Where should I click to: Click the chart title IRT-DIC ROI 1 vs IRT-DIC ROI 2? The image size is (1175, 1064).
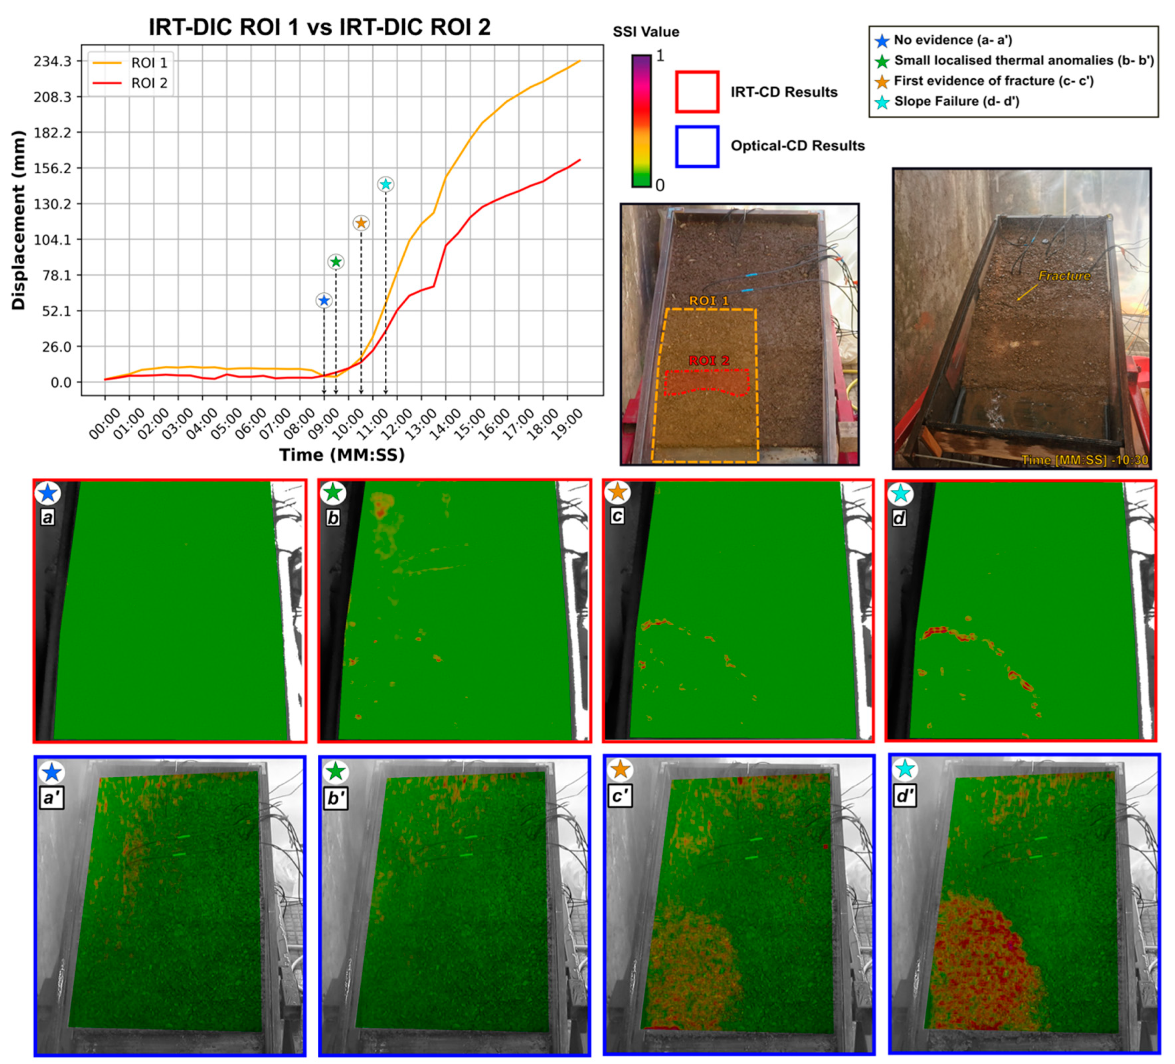click(319, 27)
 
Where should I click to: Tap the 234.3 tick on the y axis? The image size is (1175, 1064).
click(52, 61)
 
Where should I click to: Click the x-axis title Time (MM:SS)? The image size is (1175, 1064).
click(341, 455)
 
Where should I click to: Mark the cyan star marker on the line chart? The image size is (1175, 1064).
click(385, 184)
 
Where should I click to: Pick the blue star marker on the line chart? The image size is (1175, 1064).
click(324, 300)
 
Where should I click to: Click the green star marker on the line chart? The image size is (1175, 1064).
click(336, 262)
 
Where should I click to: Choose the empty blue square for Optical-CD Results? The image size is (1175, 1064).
click(697, 146)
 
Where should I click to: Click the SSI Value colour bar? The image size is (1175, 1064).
click(641, 121)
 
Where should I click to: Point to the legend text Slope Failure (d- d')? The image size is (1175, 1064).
click(957, 101)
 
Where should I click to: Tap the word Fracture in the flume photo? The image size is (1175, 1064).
click(1064, 276)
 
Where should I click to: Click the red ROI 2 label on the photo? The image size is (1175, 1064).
click(709, 361)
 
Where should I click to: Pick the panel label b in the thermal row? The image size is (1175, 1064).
click(333, 517)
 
